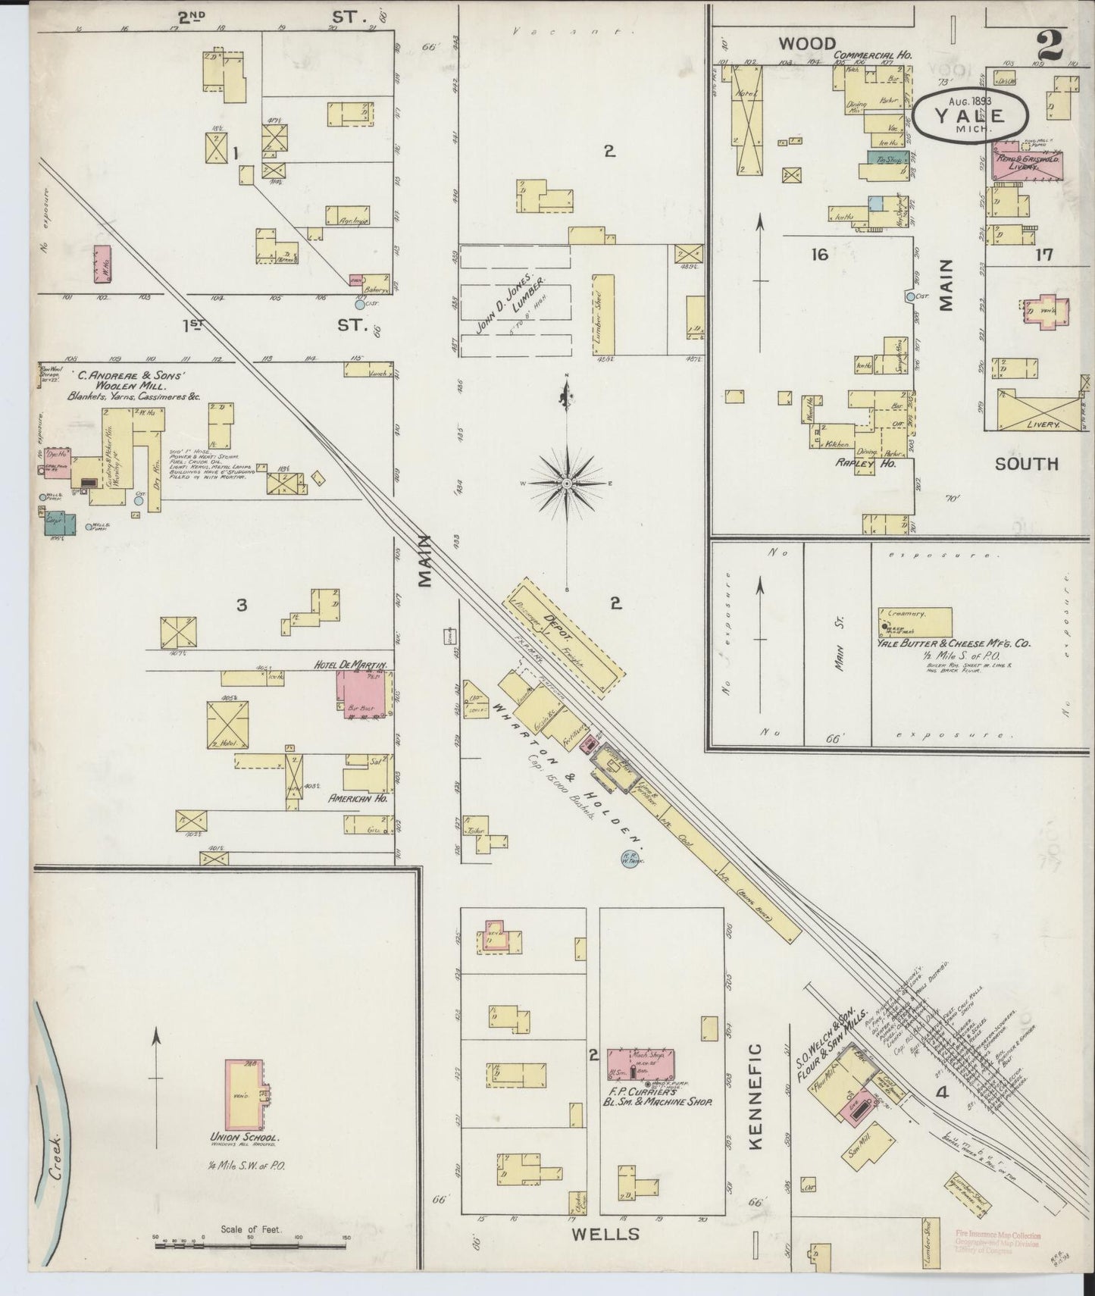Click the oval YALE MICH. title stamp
[x=969, y=115]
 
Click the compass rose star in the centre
[x=567, y=483]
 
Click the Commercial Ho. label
[x=872, y=55]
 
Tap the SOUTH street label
[x=1026, y=463]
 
